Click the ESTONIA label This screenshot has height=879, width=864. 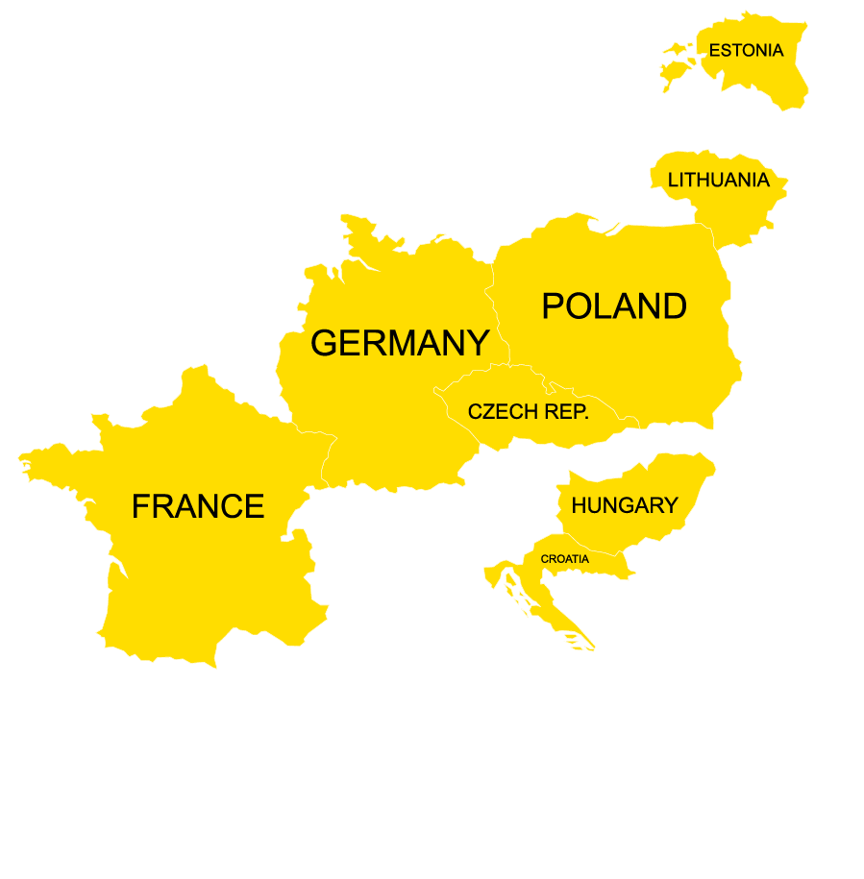tap(746, 51)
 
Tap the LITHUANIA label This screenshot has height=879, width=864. tap(718, 181)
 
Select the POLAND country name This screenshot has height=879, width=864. tap(614, 306)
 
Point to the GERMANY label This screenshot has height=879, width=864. tap(400, 343)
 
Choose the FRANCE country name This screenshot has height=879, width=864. tap(197, 506)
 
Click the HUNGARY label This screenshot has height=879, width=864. tap(625, 505)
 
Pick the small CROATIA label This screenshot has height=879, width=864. tap(565, 559)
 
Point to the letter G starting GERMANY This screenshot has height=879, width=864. tap(324, 343)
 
